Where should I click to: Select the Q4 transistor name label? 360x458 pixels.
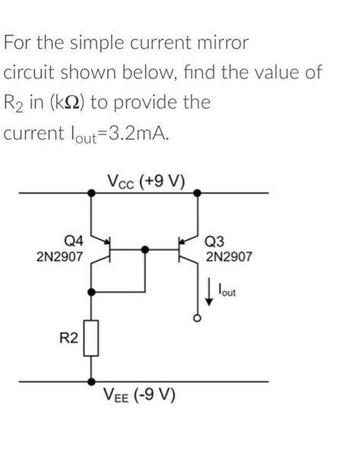[x=65, y=242]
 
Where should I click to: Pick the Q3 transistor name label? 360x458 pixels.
[x=216, y=242]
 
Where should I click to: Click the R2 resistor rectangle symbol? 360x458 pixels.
[x=93, y=338]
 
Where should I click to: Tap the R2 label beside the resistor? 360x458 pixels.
[x=68, y=336]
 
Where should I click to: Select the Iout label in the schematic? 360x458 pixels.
[x=226, y=289]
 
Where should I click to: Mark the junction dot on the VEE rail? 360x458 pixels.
[x=93, y=381]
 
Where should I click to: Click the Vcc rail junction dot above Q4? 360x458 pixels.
[x=93, y=193]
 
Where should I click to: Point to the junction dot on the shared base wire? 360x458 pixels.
[x=145, y=248]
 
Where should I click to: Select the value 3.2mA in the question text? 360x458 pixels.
[x=135, y=134]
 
